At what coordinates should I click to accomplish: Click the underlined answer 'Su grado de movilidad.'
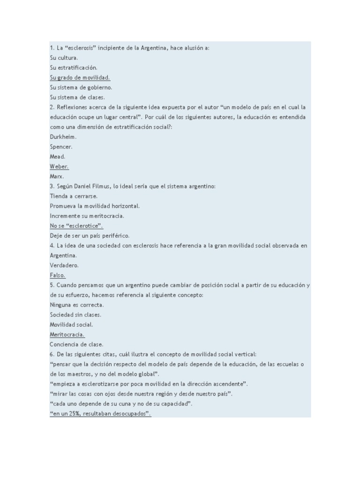pyautogui.click(x=80, y=77)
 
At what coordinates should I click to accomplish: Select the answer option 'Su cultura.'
pyautogui.click(x=64, y=58)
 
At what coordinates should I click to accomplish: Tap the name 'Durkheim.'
pyautogui.click(x=63, y=137)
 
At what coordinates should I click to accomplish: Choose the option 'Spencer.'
pyautogui.click(x=61, y=147)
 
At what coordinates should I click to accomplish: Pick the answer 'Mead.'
pyautogui.click(x=58, y=157)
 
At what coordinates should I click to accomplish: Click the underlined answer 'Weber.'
pyautogui.click(x=59, y=166)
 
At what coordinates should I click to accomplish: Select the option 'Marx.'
pyautogui.click(x=57, y=176)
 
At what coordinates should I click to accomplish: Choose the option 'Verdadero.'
pyautogui.click(x=64, y=265)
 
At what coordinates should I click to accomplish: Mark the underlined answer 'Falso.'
pyautogui.click(x=58, y=275)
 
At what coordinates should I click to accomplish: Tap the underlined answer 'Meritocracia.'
pyautogui.click(x=67, y=334)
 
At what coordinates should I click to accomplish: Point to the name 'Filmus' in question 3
pyautogui.click(x=102, y=186)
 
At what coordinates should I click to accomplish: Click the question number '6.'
pyautogui.click(x=52, y=354)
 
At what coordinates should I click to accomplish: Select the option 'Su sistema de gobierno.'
pyautogui.click(x=81, y=87)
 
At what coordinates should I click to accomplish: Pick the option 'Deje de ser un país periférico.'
pyautogui.click(x=90, y=235)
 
